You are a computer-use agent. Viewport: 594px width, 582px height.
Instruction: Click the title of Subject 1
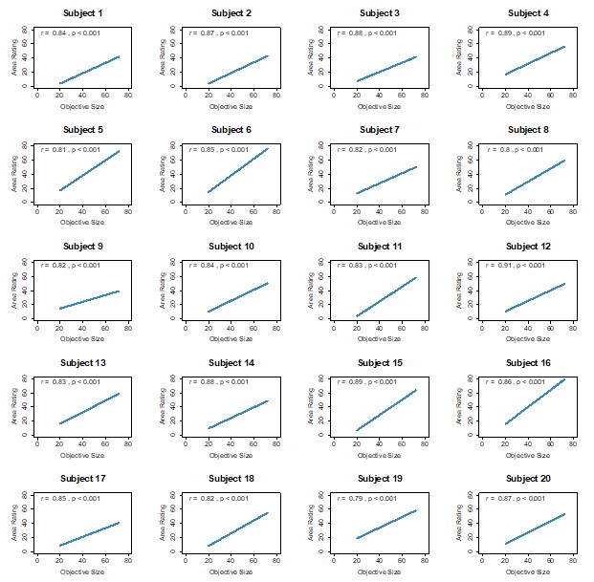coord(83,13)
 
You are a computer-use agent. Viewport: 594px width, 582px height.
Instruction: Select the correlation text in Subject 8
coord(516,149)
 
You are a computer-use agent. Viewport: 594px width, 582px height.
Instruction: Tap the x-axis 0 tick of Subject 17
coord(37,560)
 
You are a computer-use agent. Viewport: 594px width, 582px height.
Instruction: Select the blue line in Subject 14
coord(238,414)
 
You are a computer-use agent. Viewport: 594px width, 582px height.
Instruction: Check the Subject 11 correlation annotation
coord(366,266)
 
